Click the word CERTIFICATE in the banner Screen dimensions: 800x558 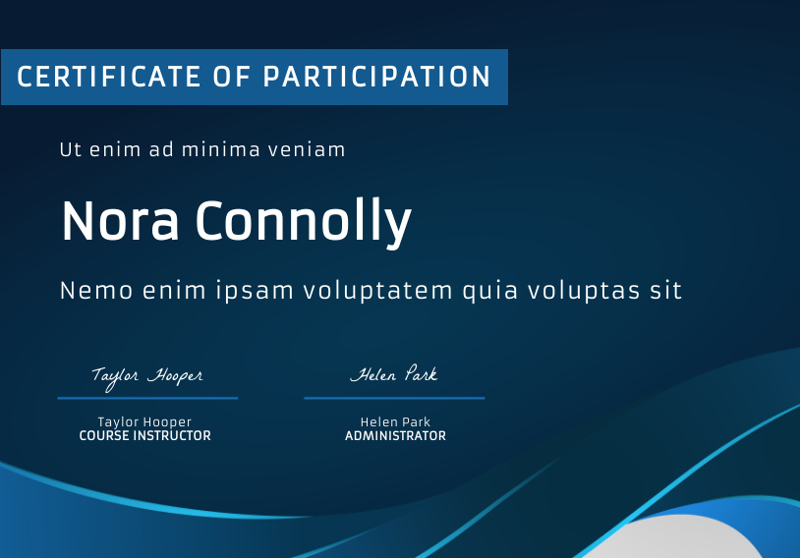coord(109,77)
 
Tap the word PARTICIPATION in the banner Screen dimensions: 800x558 coord(376,77)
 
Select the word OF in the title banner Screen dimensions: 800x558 coord(232,77)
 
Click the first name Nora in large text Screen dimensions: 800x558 coord(121,220)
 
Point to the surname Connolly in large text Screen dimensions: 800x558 coord(303,222)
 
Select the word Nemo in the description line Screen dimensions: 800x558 coord(96,291)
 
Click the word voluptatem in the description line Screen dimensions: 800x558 coord(378,292)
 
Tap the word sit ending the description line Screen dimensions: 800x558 coord(665,291)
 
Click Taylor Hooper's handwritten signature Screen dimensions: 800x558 coord(147,377)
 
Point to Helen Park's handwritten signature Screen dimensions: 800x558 coord(394,374)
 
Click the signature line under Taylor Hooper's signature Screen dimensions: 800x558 coord(148,398)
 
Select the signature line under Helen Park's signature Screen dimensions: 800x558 coord(394,398)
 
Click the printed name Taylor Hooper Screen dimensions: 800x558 coord(144,422)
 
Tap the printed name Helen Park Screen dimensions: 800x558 coord(395,421)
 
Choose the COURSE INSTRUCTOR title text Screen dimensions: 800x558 coord(144,435)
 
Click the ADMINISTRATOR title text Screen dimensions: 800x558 coord(395,435)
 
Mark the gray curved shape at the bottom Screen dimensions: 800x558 coord(678,538)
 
